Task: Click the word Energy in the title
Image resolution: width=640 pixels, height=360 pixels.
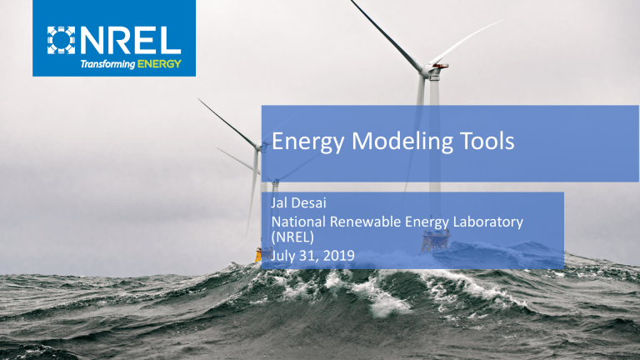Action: coord(306,143)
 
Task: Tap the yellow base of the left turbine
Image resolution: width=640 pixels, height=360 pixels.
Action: coord(258,256)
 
